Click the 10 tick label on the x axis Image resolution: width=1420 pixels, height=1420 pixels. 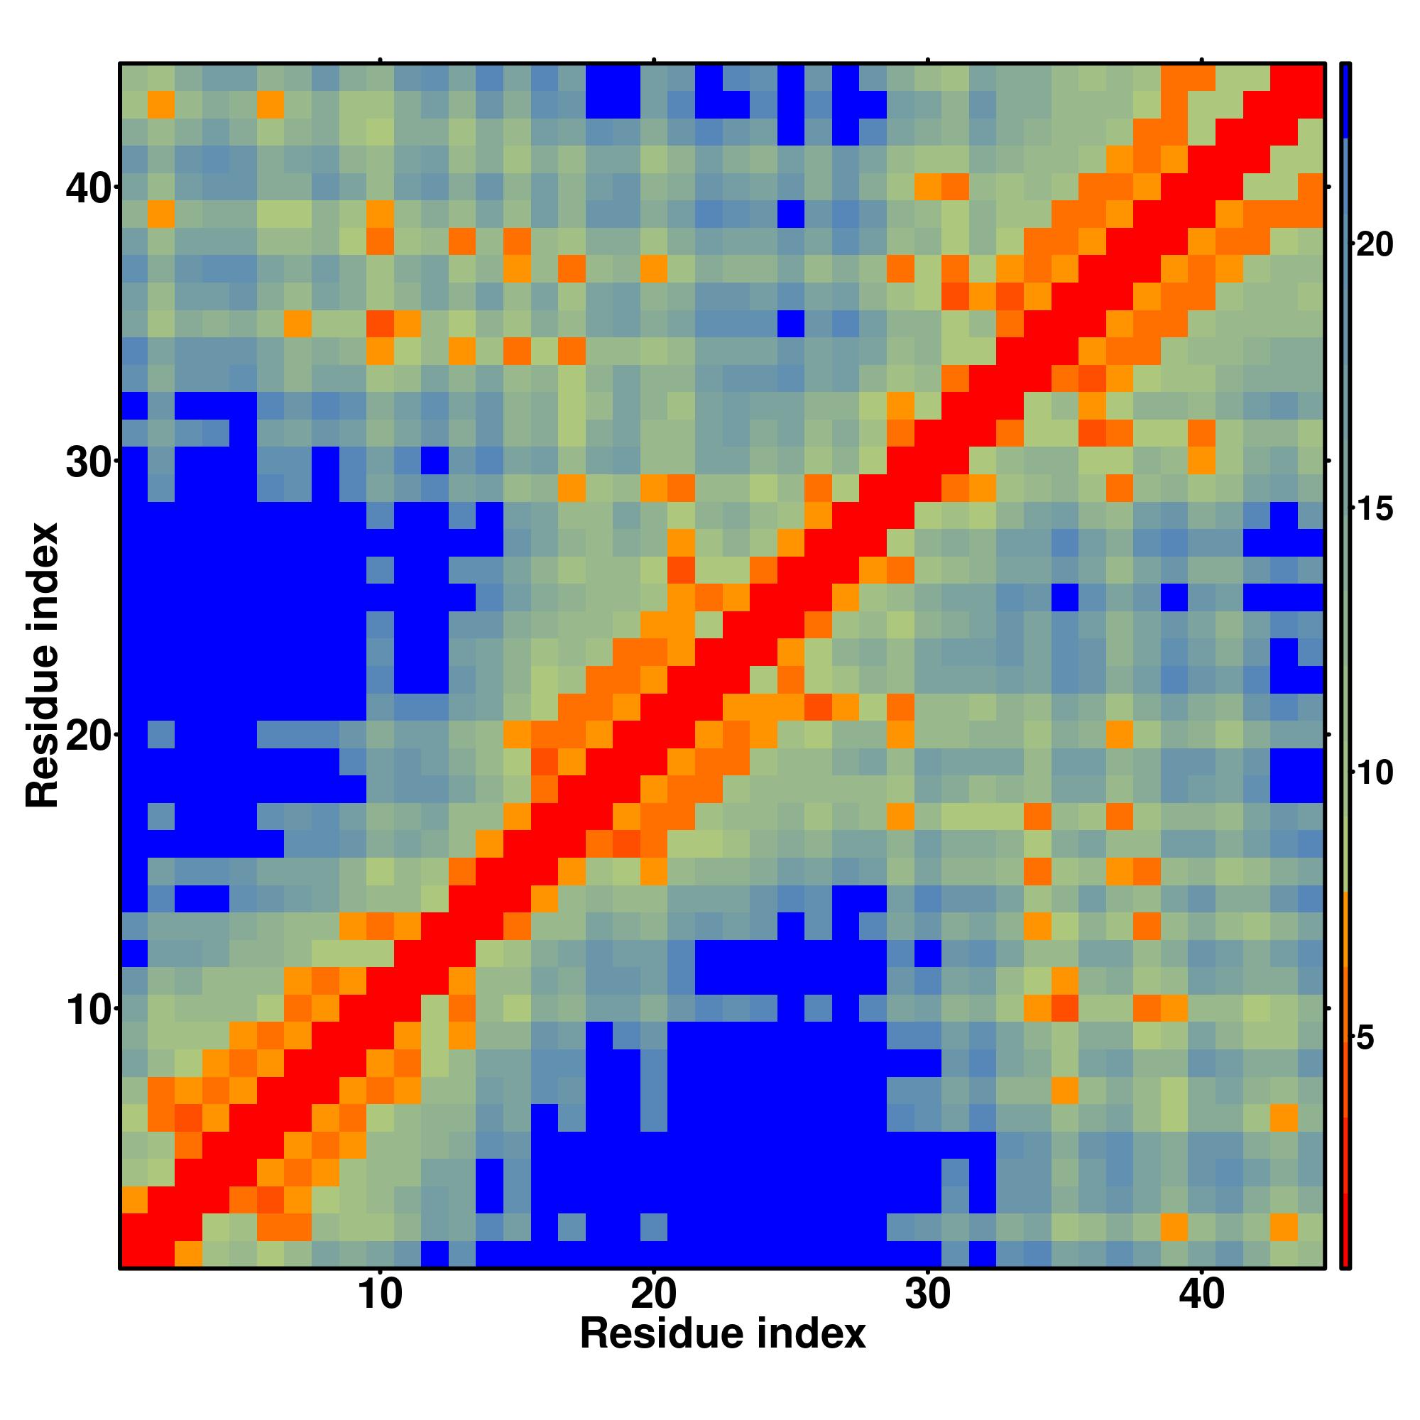click(x=381, y=1295)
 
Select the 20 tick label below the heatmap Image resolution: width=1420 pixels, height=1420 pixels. click(x=654, y=1295)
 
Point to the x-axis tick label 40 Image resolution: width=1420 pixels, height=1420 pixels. click(x=1202, y=1295)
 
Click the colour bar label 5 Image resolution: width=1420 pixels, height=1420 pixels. click(x=1365, y=1038)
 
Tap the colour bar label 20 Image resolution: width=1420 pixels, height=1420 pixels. click(x=1375, y=244)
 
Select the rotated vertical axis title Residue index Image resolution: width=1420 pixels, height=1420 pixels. click(x=42, y=665)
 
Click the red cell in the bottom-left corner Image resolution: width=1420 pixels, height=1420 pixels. click(x=133, y=1254)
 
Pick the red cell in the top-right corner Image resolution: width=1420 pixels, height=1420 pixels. click(x=1311, y=77)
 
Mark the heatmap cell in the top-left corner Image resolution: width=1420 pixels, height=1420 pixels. click(x=133, y=77)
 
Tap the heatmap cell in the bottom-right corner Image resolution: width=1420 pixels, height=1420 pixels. click(x=1311, y=1254)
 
